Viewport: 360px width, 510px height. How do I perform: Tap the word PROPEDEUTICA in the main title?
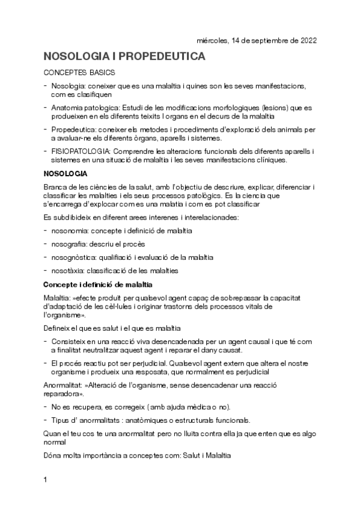click(161, 57)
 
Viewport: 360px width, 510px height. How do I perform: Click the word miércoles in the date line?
click(212, 41)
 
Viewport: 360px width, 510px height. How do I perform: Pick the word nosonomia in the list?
click(70, 230)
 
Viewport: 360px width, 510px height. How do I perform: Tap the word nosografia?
click(70, 244)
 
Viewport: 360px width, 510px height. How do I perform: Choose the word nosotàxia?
click(68, 271)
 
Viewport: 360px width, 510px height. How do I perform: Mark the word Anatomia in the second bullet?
click(68, 107)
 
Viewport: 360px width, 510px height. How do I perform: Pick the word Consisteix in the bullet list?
click(72, 342)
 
